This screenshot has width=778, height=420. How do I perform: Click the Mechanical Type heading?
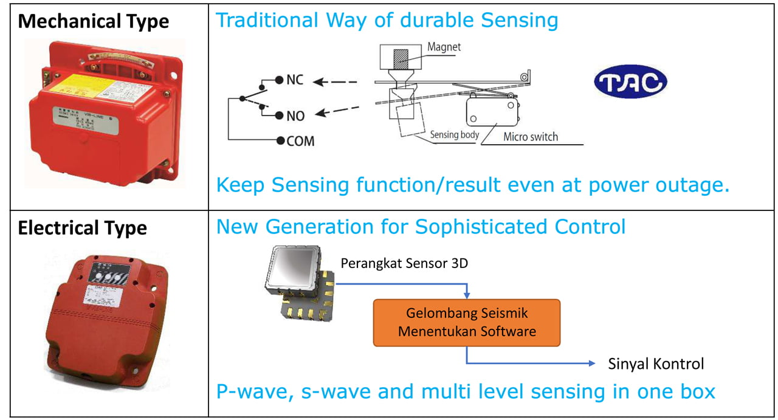[93, 21]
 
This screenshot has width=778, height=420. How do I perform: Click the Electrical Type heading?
[82, 229]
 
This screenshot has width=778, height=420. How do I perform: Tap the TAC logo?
[630, 83]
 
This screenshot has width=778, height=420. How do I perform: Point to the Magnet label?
[444, 46]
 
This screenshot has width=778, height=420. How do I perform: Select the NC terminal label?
[295, 80]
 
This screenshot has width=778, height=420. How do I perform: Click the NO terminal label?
[295, 115]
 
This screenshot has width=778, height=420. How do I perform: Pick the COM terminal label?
[300, 141]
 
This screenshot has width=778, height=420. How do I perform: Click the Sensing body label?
[455, 135]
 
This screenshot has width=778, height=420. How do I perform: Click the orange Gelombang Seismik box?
[467, 323]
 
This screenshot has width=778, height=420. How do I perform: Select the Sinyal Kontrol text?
[656, 364]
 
